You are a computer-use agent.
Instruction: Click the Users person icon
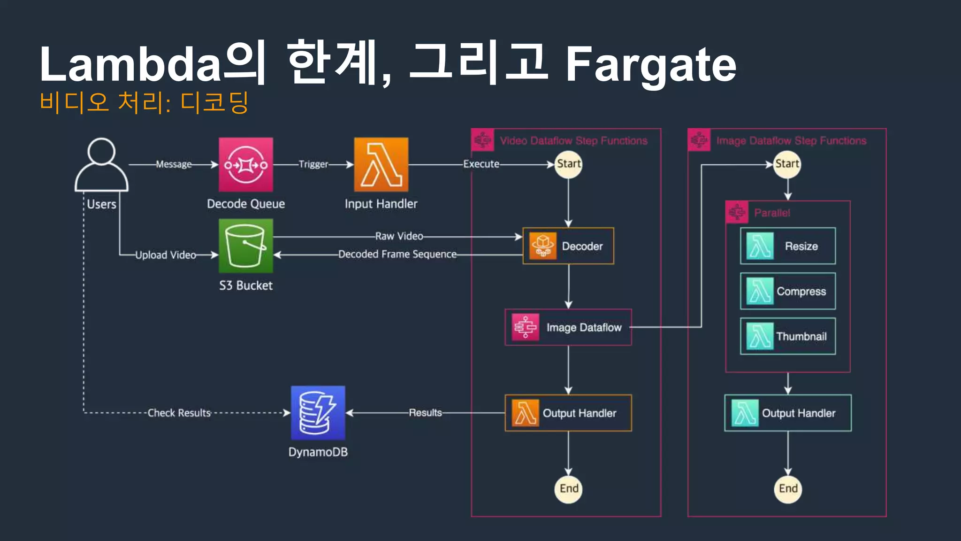point(101,164)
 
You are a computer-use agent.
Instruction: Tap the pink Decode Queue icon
point(246,164)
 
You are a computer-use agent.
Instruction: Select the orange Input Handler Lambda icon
point(381,164)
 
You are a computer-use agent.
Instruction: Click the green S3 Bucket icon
point(246,246)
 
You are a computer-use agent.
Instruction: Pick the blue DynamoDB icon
point(318,413)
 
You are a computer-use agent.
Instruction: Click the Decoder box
point(568,246)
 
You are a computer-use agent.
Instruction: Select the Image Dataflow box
point(568,327)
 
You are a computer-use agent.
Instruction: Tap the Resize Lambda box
point(788,246)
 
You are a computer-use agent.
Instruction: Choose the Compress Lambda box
point(788,291)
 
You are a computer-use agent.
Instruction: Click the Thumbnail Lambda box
point(788,336)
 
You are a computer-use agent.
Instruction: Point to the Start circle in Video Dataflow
point(569,164)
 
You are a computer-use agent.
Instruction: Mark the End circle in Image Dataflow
point(788,489)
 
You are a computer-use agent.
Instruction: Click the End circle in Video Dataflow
point(569,489)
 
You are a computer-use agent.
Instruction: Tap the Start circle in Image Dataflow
point(787,164)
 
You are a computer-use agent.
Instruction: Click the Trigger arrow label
point(313,164)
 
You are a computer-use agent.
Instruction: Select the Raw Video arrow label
point(399,236)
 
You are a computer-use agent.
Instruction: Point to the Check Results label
point(179,413)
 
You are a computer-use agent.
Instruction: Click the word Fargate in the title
point(651,64)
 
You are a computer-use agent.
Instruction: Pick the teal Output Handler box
point(788,413)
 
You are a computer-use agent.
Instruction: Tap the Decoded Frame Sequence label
point(397,254)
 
